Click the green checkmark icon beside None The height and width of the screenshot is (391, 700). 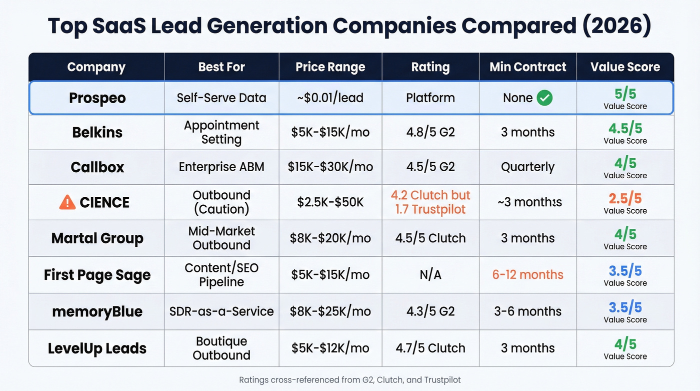(544, 98)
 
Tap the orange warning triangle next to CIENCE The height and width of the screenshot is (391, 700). (67, 202)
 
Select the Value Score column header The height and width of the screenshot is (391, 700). (625, 67)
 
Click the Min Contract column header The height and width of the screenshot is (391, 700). (527, 67)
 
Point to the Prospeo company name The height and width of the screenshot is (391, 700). (97, 98)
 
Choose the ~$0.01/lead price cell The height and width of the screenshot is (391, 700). (330, 98)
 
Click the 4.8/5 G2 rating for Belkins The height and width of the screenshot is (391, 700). (430, 132)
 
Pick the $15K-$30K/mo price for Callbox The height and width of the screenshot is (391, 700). (330, 167)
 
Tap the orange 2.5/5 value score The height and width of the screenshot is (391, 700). (625, 198)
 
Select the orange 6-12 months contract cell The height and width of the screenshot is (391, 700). (527, 274)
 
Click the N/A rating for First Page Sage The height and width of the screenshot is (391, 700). (430, 274)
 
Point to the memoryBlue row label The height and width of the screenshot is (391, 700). (97, 311)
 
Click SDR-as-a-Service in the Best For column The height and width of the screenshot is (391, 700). (221, 311)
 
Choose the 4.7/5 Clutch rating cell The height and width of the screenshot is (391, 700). (430, 348)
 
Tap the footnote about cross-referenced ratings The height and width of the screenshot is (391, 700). (349, 379)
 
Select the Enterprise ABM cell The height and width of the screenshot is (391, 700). (221, 167)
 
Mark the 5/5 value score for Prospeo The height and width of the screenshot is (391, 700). (625, 94)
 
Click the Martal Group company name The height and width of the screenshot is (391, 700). (97, 238)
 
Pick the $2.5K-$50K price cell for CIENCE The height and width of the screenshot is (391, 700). (330, 202)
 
